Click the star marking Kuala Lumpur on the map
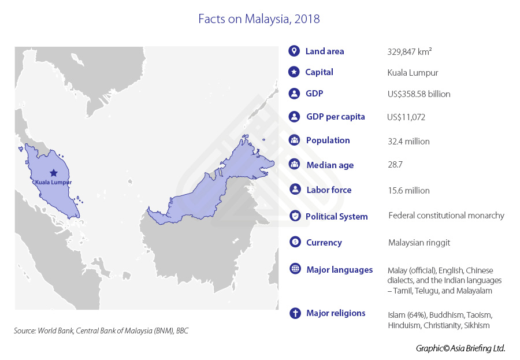[x=54, y=172]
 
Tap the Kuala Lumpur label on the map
[x=53, y=182]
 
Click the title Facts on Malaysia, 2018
[x=259, y=18]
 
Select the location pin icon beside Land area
[x=294, y=51]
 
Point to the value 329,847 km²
[x=410, y=51]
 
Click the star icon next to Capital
[x=294, y=72]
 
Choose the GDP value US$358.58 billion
[x=419, y=94]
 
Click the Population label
[x=328, y=140]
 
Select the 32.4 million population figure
[x=408, y=141]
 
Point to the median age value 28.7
[x=395, y=165]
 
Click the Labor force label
[x=329, y=190]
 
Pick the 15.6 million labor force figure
[x=408, y=190]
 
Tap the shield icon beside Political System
[x=295, y=216]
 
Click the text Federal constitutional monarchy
[x=446, y=216]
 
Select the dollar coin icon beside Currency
[x=295, y=242]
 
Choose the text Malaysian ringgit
[x=419, y=243]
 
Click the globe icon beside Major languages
[x=295, y=269]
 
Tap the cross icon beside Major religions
[x=295, y=313]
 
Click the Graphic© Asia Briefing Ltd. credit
[x=460, y=348]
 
